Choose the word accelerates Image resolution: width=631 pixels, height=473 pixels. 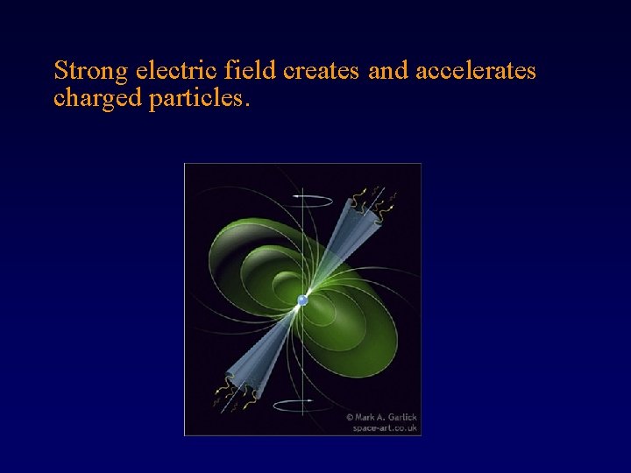pyautogui.click(x=475, y=71)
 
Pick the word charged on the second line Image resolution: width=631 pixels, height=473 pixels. pyautogui.click(x=97, y=98)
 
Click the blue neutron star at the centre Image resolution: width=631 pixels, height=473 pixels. pyautogui.click(x=302, y=300)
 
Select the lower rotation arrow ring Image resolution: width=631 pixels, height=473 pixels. pyautogui.click(x=302, y=404)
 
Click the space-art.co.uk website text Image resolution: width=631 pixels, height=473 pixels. pyautogui.click(x=385, y=428)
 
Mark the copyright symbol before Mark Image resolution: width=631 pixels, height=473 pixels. pyautogui.click(x=349, y=418)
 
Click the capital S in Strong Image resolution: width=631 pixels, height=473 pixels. pyautogui.click(x=60, y=70)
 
